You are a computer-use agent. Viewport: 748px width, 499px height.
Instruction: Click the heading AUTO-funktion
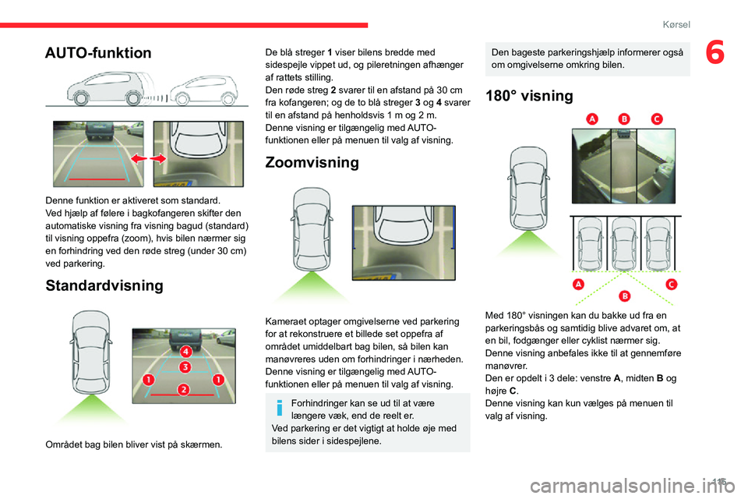click(x=98, y=53)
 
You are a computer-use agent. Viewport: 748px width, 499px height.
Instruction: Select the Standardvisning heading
click(x=104, y=285)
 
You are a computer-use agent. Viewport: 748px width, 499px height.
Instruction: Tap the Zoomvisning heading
click(x=312, y=162)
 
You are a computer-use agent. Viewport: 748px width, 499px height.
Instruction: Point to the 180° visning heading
click(x=528, y=97)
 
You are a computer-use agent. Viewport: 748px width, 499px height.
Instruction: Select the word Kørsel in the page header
click(x=676, y=24)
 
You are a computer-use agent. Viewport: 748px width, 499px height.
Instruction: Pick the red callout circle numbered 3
click(x=185, y=366)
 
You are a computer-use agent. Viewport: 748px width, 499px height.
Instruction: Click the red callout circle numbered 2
click(x=184, y=388)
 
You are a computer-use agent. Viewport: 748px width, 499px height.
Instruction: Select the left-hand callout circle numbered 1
click(x=147, y=380)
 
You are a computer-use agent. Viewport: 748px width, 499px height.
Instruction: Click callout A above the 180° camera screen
click(x=591, y=119)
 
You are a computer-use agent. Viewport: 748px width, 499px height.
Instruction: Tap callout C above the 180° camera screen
click(x=656, y=119)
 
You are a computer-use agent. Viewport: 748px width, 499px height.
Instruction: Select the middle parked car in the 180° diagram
click(x=623, y=243)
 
